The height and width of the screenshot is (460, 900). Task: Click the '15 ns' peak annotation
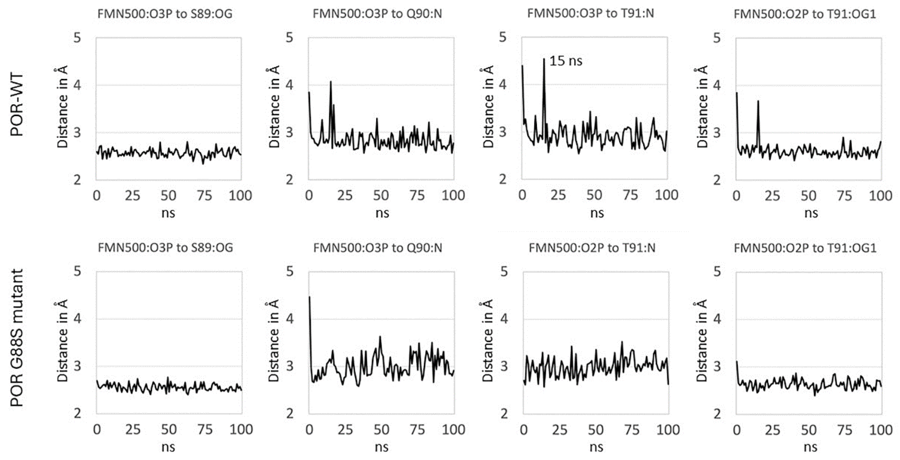point(566,61)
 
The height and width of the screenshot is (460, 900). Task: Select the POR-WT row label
point(17,105)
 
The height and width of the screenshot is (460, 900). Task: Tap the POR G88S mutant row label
point(17,338)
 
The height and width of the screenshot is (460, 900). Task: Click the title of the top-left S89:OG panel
point(165,14)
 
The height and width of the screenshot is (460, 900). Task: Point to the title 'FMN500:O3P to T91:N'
point(590,13)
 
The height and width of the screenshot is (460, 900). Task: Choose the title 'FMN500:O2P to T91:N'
point(592,248)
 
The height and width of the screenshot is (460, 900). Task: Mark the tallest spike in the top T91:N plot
point(544,59)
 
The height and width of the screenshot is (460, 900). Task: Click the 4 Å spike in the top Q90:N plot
point(330,82)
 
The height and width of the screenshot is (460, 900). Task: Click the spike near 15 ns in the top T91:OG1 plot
point(758,101)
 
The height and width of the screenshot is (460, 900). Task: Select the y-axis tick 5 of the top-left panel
point(77,37)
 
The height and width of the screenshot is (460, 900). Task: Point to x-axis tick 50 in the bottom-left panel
point(169,429)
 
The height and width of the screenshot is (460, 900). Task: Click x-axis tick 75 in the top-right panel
point(844,196)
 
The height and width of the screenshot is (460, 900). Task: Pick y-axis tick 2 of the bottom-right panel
point(717,414)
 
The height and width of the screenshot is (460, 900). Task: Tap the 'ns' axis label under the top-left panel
point(168,213)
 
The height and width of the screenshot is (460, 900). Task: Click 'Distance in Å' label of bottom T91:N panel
point(488,341)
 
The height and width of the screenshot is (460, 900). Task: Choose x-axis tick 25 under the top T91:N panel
point(558,195)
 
